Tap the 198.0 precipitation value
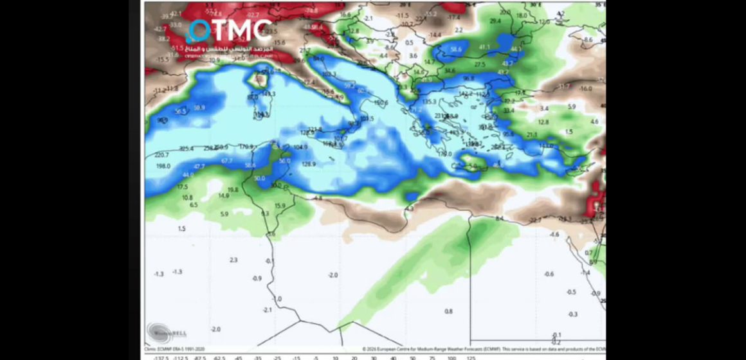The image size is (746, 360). (x=163, y=166)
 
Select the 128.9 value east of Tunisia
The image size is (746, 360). (x=310, y=165)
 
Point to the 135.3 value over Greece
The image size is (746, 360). (x=429, y=102)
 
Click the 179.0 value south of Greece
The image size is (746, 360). (x=444, y=154)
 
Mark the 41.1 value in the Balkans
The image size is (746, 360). (x=484, y=47)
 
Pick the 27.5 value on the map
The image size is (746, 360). (x=480, y=64)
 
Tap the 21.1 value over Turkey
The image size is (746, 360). (x=532, y=135)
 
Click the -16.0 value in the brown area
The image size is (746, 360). (x=585, y=88)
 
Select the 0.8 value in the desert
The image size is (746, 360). (x=449, y=311)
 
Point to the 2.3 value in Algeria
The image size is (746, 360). (x=233, y=260)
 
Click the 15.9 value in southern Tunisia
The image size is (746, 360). (x=280, y=206)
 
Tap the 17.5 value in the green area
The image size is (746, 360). (x=182, y=187)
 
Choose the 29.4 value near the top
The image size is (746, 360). (x=495, y=21)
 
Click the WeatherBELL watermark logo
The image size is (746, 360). (x=159, y=332)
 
